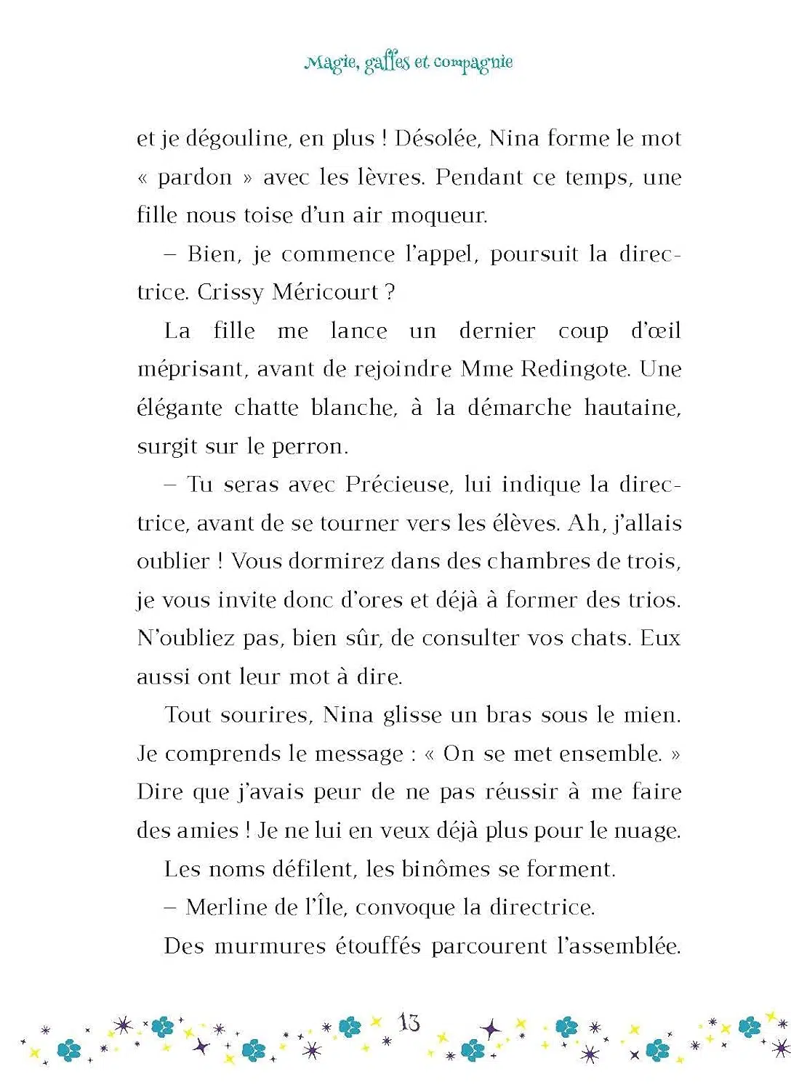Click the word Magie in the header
[331, 62]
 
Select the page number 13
[409, 1023]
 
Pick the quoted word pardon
[195, 177]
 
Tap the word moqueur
[439, 216]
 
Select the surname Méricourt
[325, 292]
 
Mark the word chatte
[266, 408]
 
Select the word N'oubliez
[185, 638]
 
